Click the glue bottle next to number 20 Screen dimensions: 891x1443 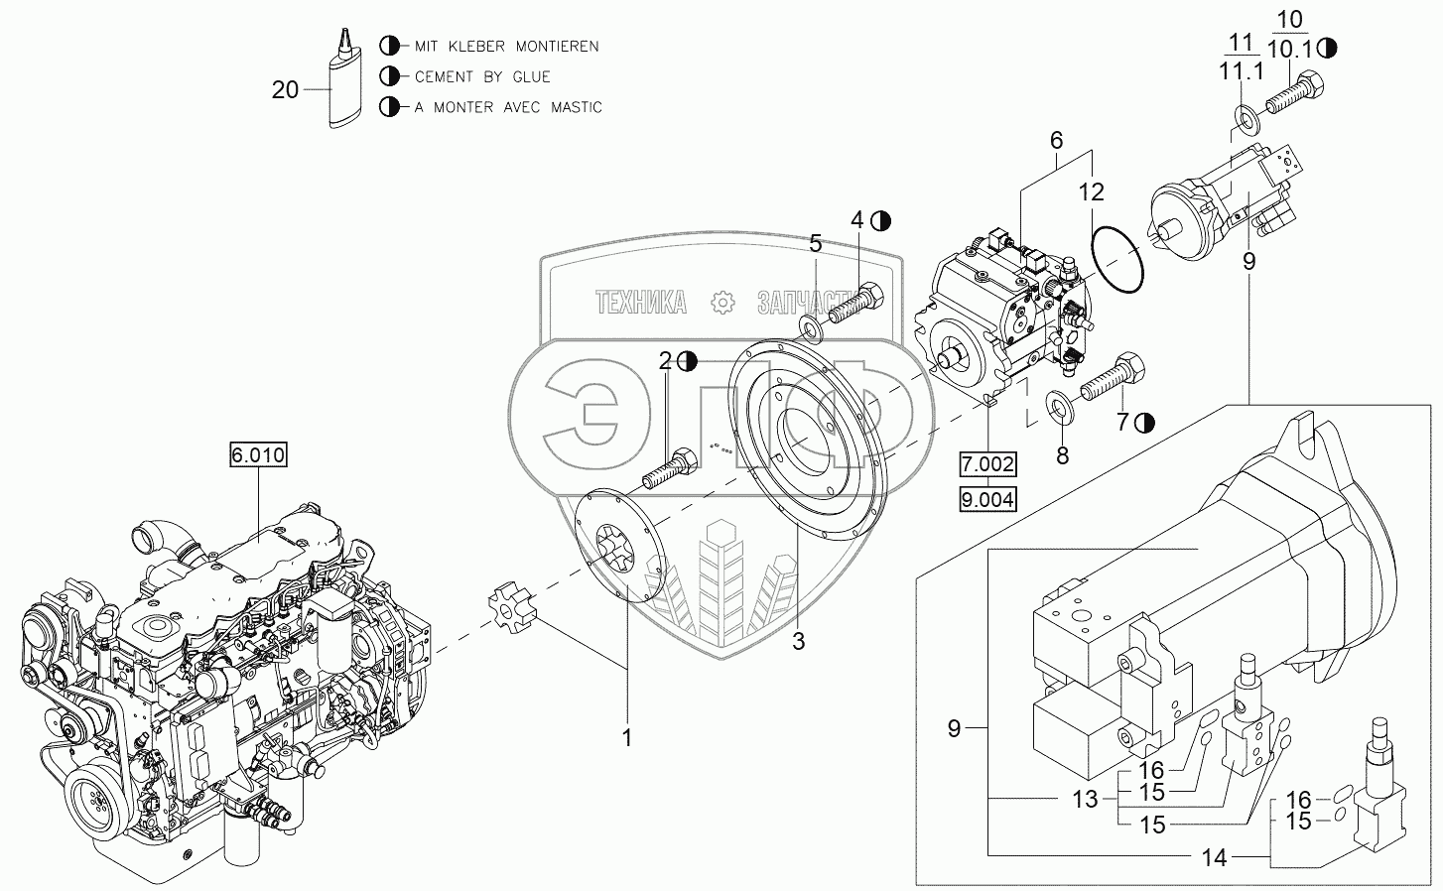click(x=342, y=85)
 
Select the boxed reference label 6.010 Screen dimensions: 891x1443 click(x=258, y=455)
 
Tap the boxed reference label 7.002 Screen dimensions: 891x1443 click(x=986, y=464)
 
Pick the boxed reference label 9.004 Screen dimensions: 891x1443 click(x=986, y=500)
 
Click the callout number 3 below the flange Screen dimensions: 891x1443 click(x=798, y=641)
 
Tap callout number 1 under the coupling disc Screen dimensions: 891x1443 click(x=626, y=737)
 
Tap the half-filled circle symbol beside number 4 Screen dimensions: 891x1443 click(x=880, y=221)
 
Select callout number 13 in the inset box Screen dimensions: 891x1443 click(x=1086, y=799)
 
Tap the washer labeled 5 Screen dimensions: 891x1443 click(x=810, y=328)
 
